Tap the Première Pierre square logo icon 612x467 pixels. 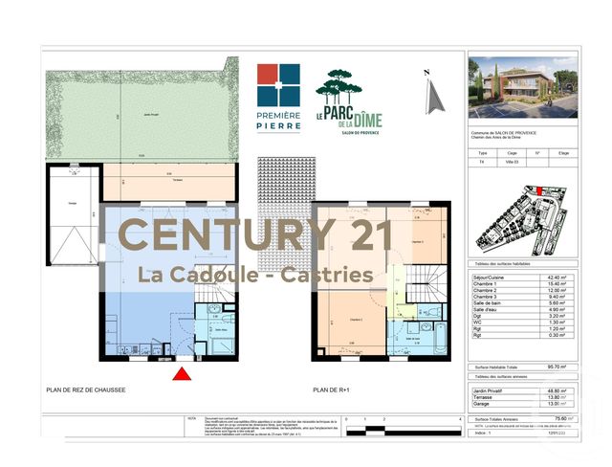coord(277,85)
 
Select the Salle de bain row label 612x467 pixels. coord(490,301)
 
